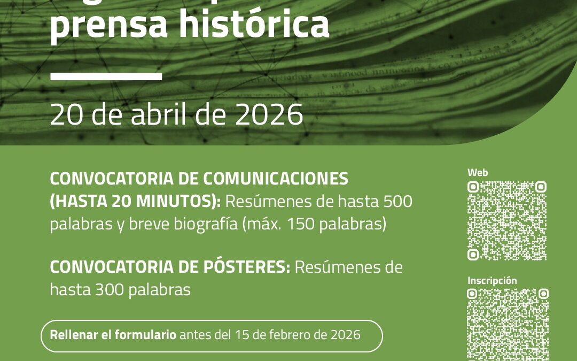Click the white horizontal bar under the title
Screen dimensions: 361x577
(x=106, y=76)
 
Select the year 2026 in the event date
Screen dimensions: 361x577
(x=271, y=114)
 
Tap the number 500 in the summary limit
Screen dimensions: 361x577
(x=397, y=202)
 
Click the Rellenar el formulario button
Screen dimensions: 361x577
(x=212, y=335)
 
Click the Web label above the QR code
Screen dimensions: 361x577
(x=478, y=172)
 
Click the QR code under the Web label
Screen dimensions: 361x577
(x=506, y=220)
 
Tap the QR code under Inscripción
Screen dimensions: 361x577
(x=508, y=324)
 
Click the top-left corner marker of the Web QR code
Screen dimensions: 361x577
(x=473, y=187)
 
